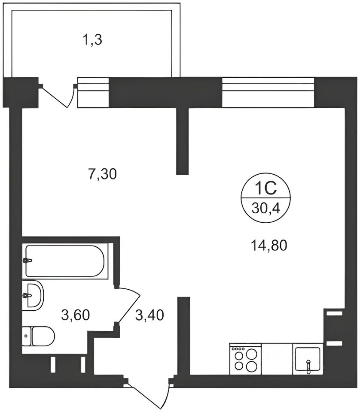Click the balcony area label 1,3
click(92, 40)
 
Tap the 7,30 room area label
click(103, 174)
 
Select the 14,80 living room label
click(269, 245)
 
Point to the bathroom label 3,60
click(76, 315)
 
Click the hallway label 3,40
click(149, 315)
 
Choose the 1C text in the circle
click(265, 188)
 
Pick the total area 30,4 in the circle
click(265, 209)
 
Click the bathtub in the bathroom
click(65, 261)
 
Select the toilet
click(38, 336)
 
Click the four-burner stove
click(245, 359)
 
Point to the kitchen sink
click(308, 359)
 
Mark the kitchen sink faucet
click(308, 366)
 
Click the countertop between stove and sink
click(277, 359)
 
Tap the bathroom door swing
click(128, 305)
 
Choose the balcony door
click(57, 95)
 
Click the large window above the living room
click(268, 92)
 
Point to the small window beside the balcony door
click(93, 92)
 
